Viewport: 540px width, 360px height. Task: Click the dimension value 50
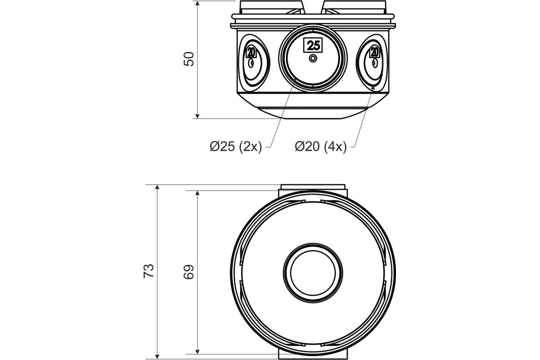click(x=189, y=59)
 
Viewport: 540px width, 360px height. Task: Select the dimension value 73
click(x=148, y=271)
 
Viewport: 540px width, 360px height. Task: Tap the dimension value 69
click(x=189, y=272)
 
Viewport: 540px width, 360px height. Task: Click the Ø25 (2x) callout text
click(x=236, y=146)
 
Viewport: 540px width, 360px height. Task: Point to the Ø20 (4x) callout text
click(x=320, y=146)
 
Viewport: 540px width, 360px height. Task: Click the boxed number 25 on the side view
click(x=313, y=45)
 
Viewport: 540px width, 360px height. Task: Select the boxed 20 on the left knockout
click(x=251, y=52)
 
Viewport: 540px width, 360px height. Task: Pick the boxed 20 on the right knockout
click(x=374, y=52)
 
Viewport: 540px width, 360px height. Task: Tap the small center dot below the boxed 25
click(x=313, y=58)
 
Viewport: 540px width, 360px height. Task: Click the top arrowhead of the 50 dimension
click(x=198, y=3)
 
